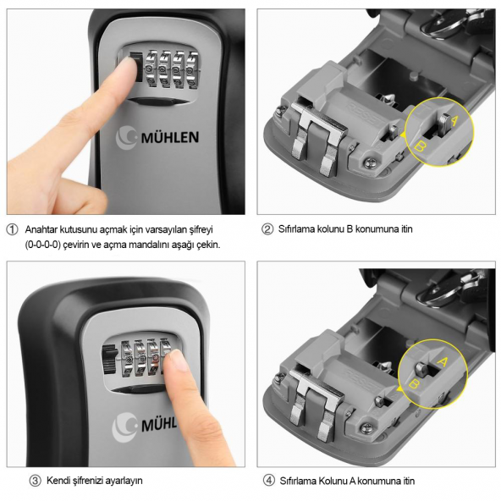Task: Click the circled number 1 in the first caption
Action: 12,230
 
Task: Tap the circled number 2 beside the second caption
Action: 268,230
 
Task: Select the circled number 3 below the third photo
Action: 36,481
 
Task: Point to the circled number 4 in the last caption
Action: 268,481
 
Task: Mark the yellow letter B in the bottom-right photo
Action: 415,383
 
